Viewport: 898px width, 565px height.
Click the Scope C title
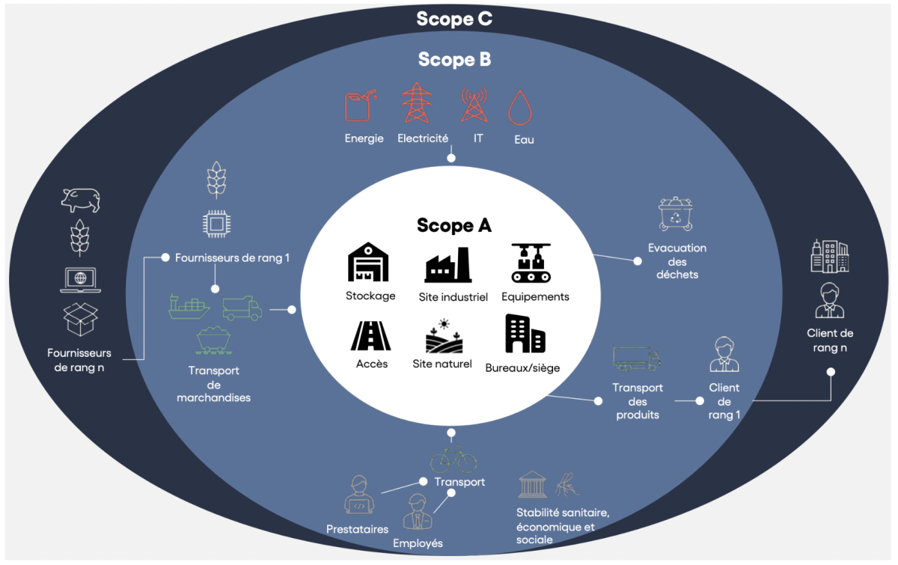coord(454,19)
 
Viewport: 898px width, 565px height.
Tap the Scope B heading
coord(454,59)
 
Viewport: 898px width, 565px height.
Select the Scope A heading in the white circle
coord(453,225)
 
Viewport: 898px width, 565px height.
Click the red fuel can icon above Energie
coord(361,105)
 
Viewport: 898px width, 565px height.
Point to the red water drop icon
coord(520,108)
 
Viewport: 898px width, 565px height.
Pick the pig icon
coord(81,200)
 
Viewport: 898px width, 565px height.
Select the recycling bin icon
coord(676,214)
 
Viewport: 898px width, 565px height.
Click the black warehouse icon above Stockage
coord(368,262)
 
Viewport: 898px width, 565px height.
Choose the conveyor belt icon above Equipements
coord(531,263)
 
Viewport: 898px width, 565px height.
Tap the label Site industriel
coord(453,297)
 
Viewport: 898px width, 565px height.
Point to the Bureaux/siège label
coord(522,368)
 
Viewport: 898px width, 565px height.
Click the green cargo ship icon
coord(189,307)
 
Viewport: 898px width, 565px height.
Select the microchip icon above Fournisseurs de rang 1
coord(216,224)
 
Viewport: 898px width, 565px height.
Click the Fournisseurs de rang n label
coord(79,360)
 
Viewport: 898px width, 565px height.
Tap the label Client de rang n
coord(830,340)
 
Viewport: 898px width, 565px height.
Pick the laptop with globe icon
coord(81,280)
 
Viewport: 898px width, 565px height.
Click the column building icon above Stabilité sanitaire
coord(532,484)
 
